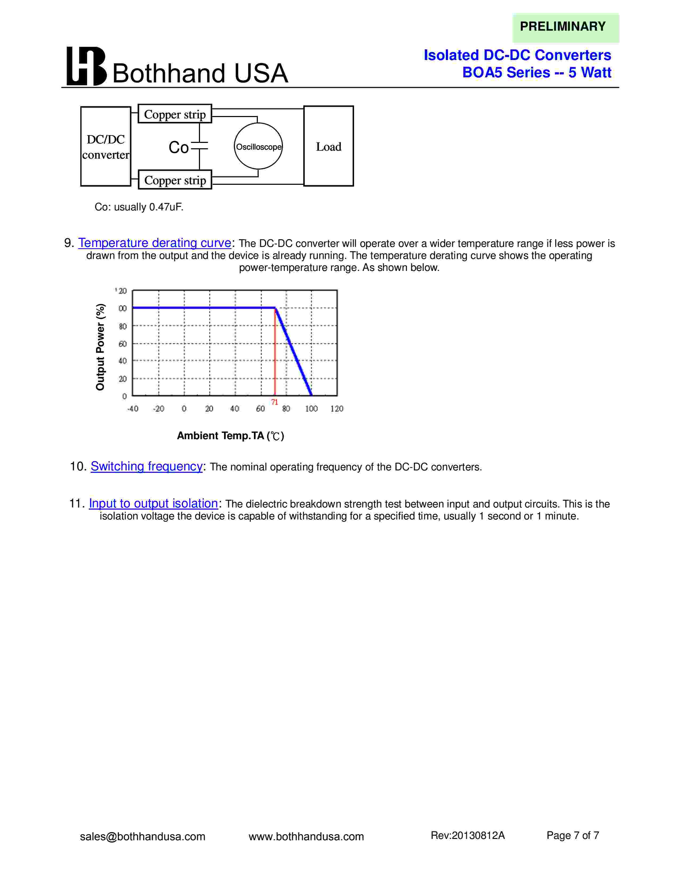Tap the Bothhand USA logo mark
pos(86,66)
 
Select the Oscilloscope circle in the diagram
pos(258,146)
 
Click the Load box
pos(328,146)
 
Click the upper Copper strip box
pos(175,114)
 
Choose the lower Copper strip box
pos(175,180)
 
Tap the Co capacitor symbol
pos(199,146)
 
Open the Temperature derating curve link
pos(155,243)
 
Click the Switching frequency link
pos(147,466)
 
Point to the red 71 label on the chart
pos(274,402)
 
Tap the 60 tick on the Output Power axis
pos(122,344)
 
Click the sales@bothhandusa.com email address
pos(143,837)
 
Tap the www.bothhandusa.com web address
pos(306,837)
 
